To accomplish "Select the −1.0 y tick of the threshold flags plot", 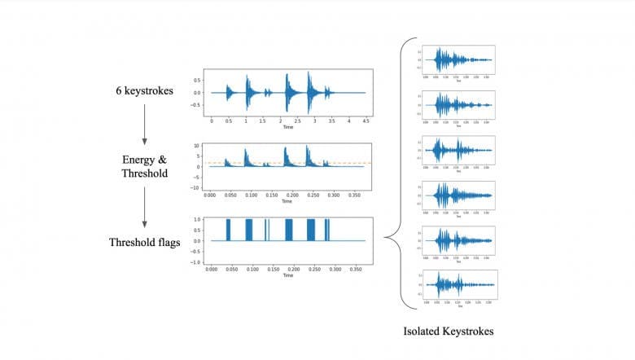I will pyautogui.click(x=196, y=262).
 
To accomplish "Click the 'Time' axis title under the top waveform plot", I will pyautogui.click(x=287, y=127).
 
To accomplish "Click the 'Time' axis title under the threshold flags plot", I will pyautogui.click(x=287, y=275).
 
